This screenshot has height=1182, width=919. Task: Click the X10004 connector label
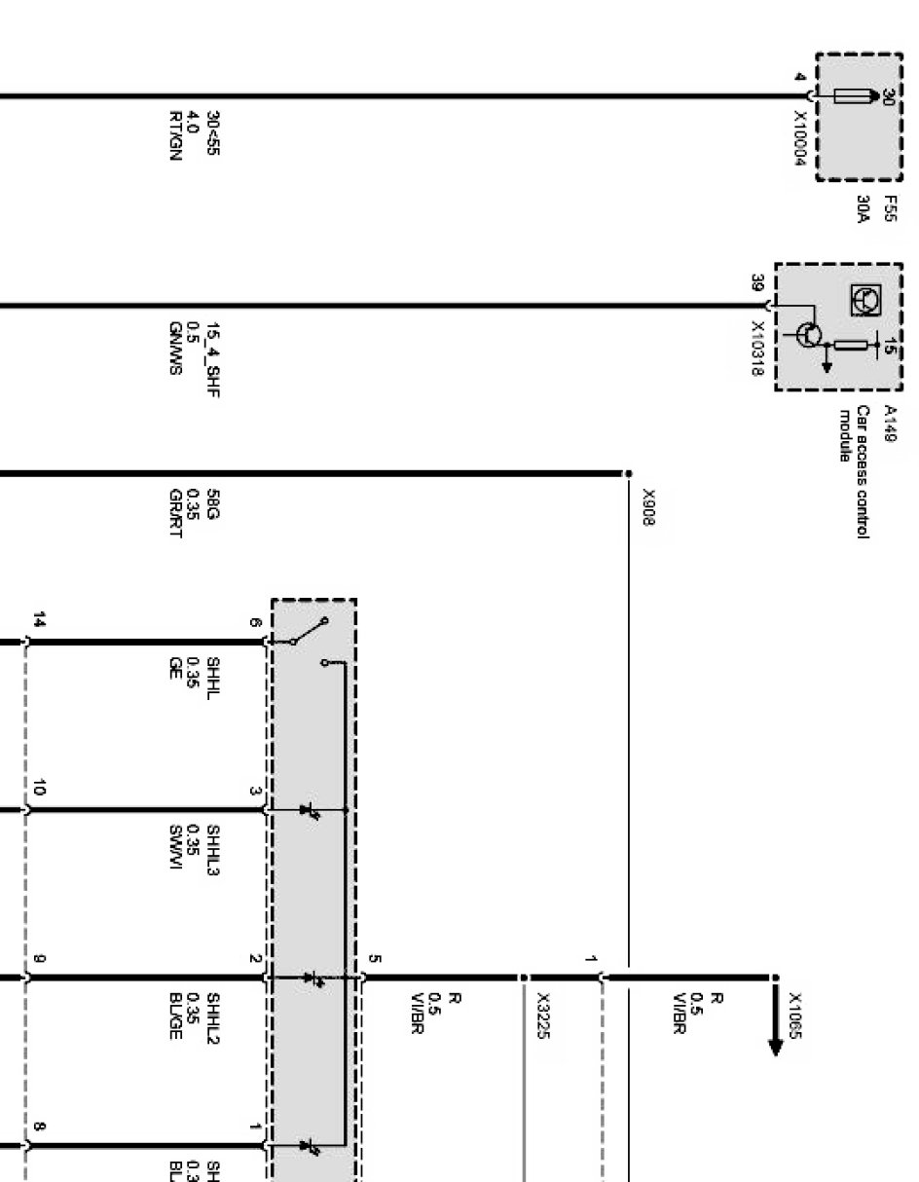(800, 139)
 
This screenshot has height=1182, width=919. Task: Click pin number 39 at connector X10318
(756, 284)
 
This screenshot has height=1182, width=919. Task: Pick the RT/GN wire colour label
(175, 135)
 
